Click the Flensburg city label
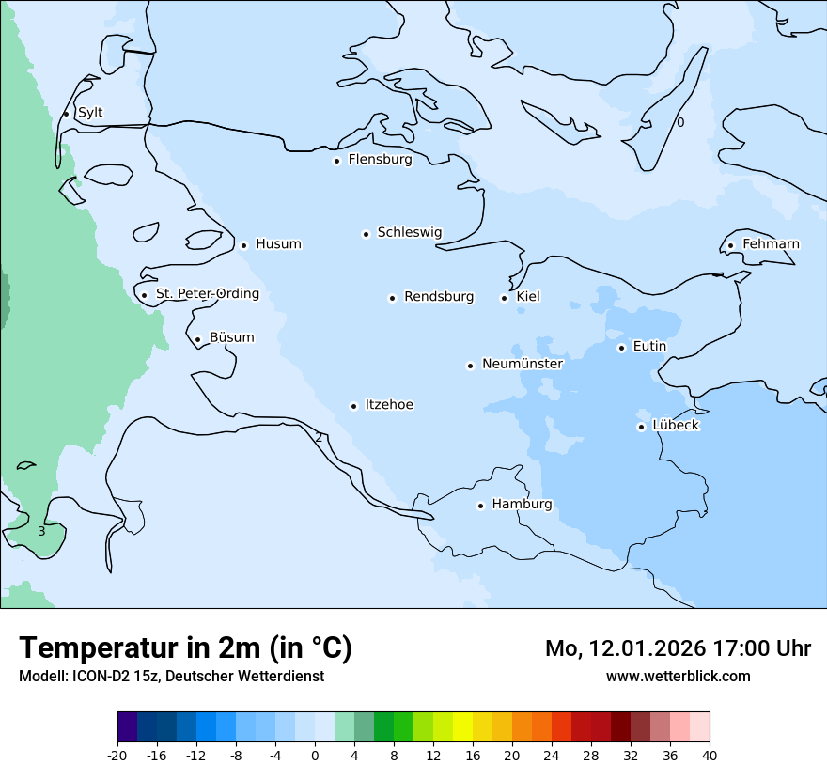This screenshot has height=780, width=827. [x=380, y=160]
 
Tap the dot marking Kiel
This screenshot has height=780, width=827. [x=504, y=298]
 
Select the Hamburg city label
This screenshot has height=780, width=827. [x=522, y=505]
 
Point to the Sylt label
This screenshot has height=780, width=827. [x=90, y=113]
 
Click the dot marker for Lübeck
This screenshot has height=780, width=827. [x=641, y=427]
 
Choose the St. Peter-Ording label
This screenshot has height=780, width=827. [x=207, y=294]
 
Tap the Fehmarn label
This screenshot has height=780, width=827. [x=771, y=244]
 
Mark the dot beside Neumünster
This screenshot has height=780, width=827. [x=470, y=366]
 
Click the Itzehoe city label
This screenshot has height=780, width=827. [x=389, y=405]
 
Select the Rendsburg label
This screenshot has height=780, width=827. [x=439, y=297]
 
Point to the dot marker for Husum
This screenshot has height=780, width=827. [x=243, y=245]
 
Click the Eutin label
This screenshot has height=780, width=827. [x=649, y=347]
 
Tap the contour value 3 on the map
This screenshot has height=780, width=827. [x=41, y=532]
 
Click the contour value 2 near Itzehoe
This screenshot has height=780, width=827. [x=319, y=438]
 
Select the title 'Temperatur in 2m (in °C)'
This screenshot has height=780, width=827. [x=186, y=647]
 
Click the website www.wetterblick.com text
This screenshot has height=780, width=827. [x=678, y=677]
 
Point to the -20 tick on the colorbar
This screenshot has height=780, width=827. [x=117, y=755]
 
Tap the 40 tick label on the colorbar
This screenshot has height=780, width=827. [x=710, y=755]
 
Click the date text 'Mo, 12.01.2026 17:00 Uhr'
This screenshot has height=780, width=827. [x=678, y=648]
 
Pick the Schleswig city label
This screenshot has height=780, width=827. [x=409, y=232]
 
